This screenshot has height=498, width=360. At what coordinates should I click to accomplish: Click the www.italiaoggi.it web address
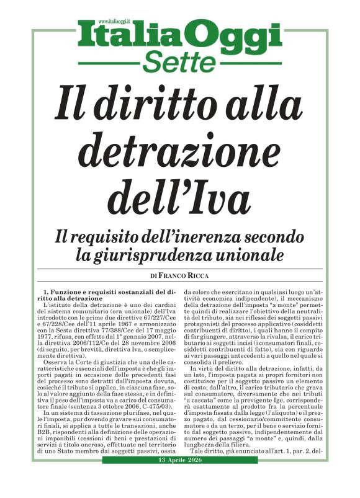[x=112, y=22]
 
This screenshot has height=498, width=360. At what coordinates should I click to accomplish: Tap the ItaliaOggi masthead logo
[x=179, y=37]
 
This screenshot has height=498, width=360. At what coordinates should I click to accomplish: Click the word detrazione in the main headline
[x=179, y=148]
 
